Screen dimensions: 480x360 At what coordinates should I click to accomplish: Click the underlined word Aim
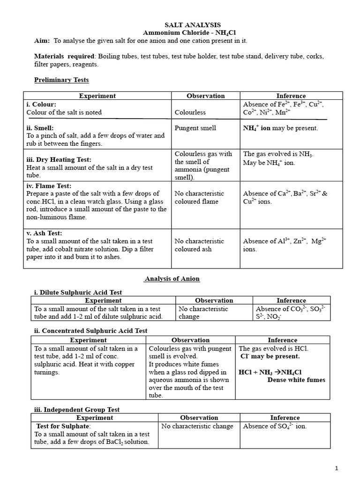42,41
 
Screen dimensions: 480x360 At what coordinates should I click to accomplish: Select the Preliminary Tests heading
61,80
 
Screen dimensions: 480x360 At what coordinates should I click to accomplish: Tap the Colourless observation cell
190,112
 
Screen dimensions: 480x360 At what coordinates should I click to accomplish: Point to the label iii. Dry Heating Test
59,159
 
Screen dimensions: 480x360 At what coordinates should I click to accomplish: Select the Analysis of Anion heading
172,278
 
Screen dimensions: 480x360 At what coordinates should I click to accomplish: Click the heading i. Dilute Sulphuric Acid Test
78,292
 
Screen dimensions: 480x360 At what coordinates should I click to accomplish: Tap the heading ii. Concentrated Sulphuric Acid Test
90,330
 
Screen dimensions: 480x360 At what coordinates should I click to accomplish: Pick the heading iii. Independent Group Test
77,410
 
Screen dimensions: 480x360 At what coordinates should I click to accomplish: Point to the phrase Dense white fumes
296,380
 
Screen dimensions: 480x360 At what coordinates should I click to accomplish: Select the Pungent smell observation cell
195,128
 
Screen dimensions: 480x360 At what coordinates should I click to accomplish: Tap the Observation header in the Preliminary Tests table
206,96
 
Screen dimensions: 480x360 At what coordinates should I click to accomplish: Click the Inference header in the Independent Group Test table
285,418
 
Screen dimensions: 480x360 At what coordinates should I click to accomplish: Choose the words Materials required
64,56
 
